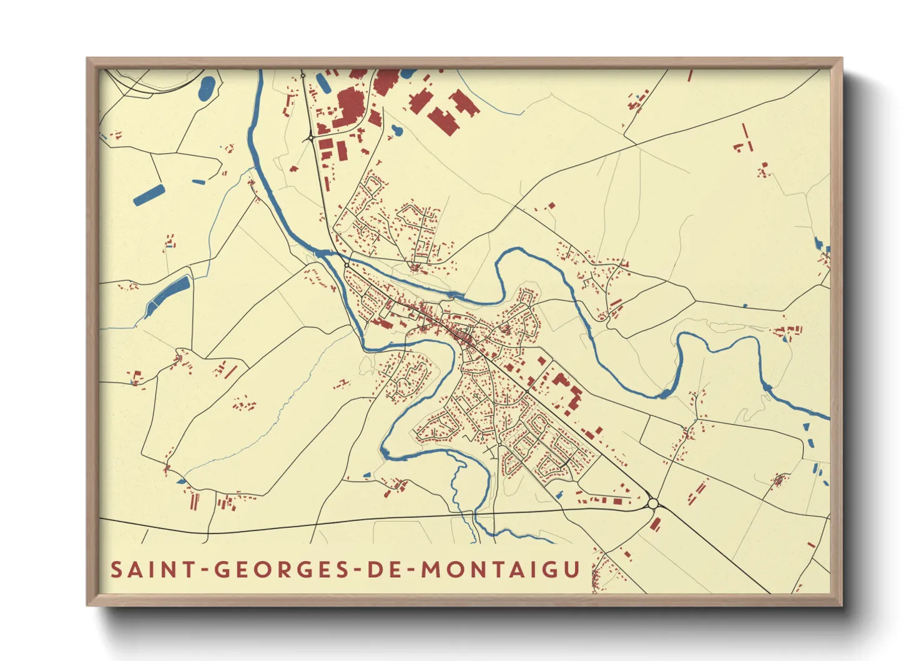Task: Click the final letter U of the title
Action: [573, 570]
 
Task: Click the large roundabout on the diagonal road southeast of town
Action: [653, 504]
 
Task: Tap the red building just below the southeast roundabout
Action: [656, 524]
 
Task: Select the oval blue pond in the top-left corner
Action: [207, 89]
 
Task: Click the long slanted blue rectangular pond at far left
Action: [149, 195]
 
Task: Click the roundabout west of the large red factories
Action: [310, 138]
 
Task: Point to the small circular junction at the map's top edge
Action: [303, 76]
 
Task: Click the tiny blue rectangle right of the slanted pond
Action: [199, 182]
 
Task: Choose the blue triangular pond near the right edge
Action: [805, 427]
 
